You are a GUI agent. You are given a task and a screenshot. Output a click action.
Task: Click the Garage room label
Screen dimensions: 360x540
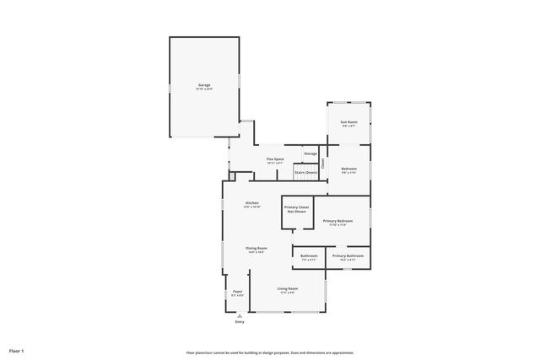(x=204, y=84)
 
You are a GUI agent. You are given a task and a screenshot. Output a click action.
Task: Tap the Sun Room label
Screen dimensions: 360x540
(x=348, y=122)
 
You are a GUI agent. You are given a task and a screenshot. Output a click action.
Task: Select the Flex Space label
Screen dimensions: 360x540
(x=275, y=159)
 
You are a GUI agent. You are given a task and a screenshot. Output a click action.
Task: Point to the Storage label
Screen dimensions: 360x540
(x=310, y=153)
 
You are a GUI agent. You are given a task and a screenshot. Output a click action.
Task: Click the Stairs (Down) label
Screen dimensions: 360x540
(x=305, y=172)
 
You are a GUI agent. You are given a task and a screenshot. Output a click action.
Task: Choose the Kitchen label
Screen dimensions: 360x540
(x=251, y=202)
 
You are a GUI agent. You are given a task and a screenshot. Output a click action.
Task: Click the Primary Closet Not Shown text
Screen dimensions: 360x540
(x=296, y=208)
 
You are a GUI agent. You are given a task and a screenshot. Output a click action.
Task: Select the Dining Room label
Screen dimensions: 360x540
(x=256, y=248)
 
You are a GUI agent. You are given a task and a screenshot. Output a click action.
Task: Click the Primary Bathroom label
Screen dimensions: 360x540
(x=348, y=255)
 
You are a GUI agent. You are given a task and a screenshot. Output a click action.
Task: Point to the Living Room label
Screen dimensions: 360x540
(x=288, y=288)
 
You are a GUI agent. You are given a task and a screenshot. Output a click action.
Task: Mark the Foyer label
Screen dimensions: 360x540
(x=238, y=291)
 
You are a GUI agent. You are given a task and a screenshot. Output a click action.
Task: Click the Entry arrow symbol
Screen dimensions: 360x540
(x=240, y=315)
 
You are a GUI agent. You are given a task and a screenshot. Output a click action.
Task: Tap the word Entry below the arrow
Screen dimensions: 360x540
(x=240, y=322)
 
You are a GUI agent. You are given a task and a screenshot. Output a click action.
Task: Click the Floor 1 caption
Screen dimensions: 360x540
(x=17, y=350)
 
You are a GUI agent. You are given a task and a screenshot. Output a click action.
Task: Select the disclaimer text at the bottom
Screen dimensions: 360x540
(x=270, y=352)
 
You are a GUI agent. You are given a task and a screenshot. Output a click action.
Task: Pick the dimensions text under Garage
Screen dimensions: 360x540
(x=204, y=89)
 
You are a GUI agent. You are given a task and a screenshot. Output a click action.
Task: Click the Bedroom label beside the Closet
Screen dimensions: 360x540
(x=348, y=169)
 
